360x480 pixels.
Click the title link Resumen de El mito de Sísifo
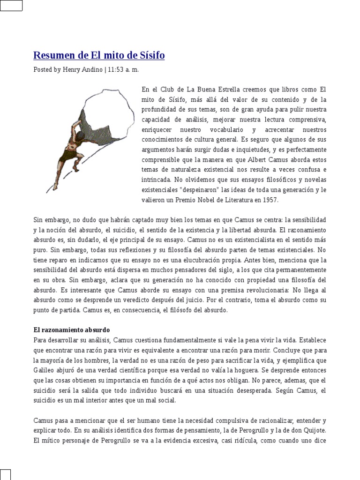99,56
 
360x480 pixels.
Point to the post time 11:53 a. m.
124,69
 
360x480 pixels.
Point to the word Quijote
313,430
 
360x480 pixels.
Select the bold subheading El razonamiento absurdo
71,330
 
